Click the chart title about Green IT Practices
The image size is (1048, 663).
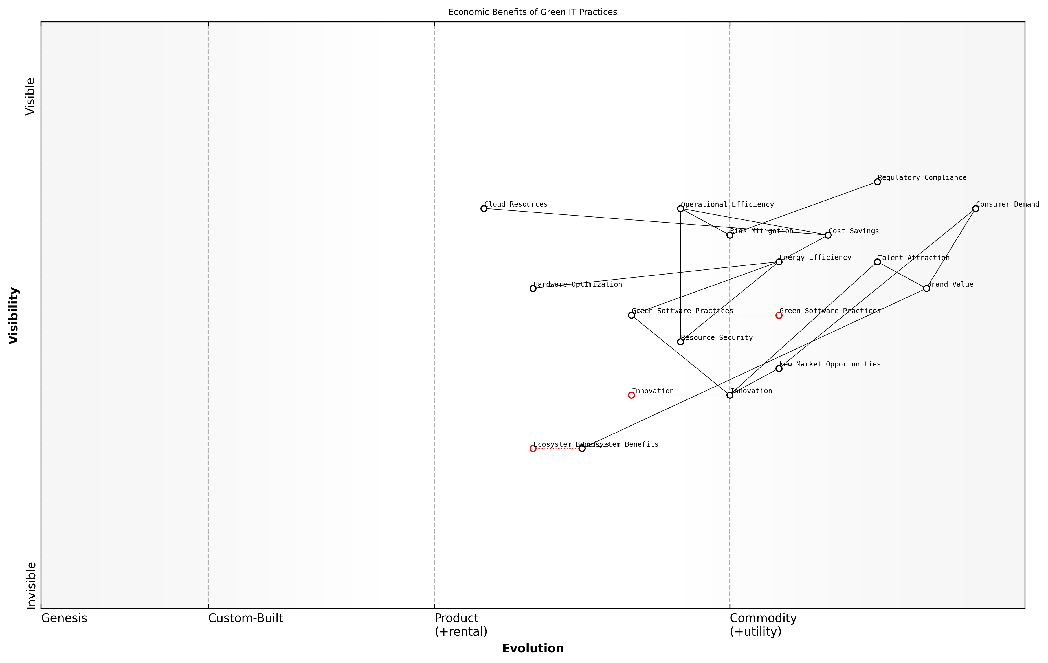coord(532,12)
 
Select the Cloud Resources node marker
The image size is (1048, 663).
coord(484,208)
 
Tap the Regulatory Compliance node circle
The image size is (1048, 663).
coord(877,182)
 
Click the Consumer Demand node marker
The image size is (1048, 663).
coord(975,208)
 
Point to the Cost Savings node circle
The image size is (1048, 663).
coord(828,235)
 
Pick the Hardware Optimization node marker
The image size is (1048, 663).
coord(533,288)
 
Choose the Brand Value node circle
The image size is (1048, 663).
coord(926,288)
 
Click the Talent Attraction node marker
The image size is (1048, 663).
coord(877,262)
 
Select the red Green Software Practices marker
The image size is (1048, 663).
coord(779,315)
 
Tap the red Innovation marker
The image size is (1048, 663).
coord(631,395)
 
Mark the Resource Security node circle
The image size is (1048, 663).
coord(680,342)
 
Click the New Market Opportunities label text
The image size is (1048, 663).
coord(830,364)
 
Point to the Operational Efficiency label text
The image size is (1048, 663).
coord(727,205)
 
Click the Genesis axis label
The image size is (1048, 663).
coord(64,618)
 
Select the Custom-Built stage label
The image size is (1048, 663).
coord(245,618)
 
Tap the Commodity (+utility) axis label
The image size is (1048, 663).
coord(763,625)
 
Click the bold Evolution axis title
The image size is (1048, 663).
coord(532,648)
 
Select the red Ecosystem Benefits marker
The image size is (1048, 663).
coord(533,448)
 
